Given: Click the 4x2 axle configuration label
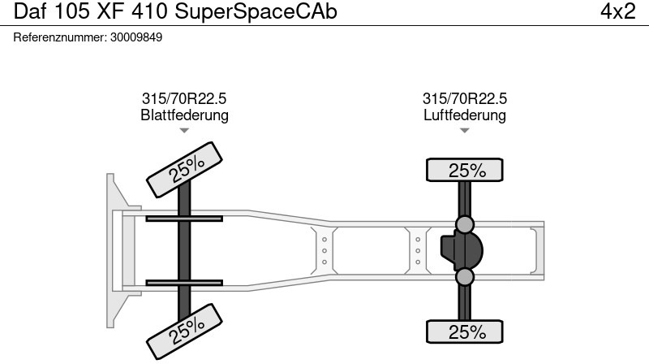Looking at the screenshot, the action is (x=617, y=11).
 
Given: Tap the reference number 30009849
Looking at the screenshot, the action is (x=136, y=37).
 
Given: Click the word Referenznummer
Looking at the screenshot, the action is (x=60, y=37).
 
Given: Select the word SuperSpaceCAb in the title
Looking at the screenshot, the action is (x=256, y=11).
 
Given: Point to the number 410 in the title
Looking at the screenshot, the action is (x=149, y=11).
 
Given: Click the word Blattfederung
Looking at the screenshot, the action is (x=185, y=115).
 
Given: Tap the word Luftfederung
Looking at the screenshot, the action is (x=464, y=115).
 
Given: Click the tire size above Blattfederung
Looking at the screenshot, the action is (x=184, y=98).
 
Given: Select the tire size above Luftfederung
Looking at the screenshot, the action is (x=464, y=98).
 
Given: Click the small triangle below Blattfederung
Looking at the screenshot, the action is (x=184, y=131).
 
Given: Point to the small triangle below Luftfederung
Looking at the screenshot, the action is (x=464, y=131).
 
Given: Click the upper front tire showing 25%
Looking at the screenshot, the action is (x=185, y=170).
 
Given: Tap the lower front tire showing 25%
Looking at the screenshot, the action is (x=185, y=331).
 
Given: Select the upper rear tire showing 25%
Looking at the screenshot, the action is (x=464, y=170).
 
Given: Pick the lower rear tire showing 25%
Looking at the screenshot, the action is (x=464, y=331).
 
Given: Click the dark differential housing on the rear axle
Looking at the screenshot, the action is (x=462, y=251).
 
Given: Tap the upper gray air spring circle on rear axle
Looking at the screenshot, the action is (x=464, y=224).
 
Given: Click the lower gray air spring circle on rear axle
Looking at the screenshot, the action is (x=464, y=277).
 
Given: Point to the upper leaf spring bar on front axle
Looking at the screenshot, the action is (x=184, y=219).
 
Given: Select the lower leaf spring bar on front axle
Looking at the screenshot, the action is (x=184, y=283).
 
